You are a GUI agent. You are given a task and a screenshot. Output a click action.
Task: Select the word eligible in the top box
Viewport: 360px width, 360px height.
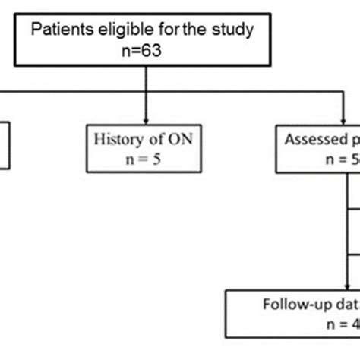point(125,33)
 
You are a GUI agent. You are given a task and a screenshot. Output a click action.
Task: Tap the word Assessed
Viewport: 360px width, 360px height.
point(313,140)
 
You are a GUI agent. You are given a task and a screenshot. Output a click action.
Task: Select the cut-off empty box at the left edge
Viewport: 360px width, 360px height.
point(4,144)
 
